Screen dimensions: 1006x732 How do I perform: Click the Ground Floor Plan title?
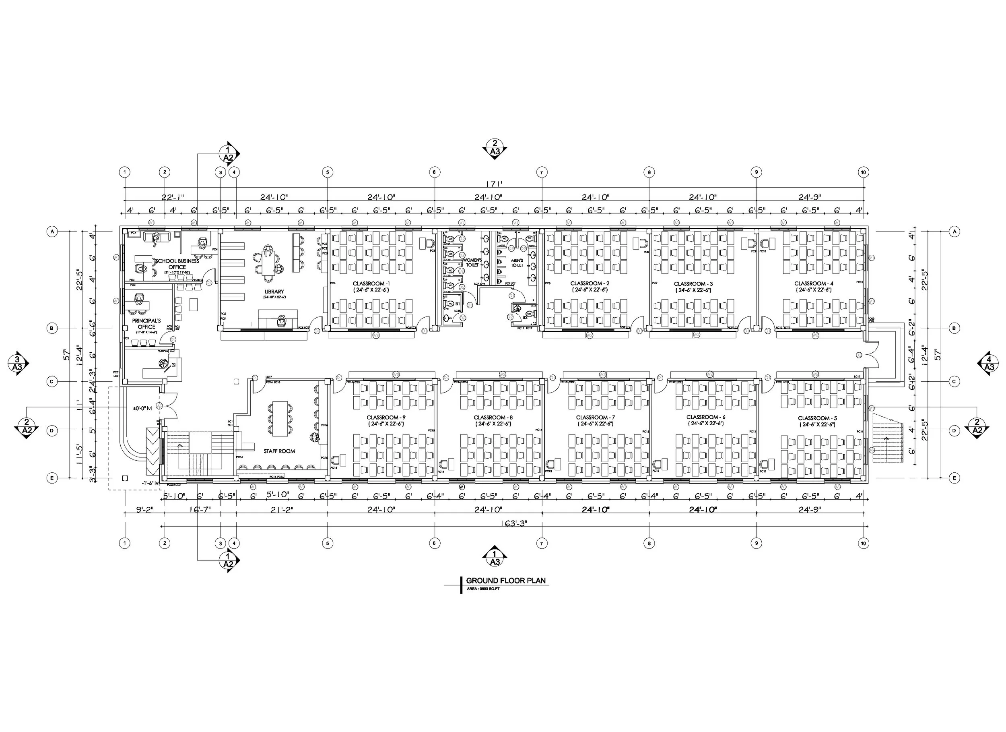(506, 580)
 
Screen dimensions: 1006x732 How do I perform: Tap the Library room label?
(274, 292)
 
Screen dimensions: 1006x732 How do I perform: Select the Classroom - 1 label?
(371, 283)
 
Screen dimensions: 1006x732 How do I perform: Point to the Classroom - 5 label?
(817, 418)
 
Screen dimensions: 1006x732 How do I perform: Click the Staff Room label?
(279, 451)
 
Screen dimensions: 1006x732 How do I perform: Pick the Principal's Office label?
(146, 324)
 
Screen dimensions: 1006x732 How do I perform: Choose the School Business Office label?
(177, 264)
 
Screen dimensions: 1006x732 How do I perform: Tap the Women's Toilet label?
(472, 263)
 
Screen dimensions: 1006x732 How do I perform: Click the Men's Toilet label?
(517, 263)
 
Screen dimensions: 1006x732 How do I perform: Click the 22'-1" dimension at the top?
(173, 197)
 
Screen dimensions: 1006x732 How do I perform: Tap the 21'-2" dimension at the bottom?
(282, 510)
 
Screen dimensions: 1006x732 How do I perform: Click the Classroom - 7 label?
(595, 417)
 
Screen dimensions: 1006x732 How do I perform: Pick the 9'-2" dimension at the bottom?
(144, 510)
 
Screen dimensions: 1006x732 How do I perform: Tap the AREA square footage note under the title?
(483, 589)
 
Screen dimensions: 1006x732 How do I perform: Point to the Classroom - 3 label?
(693, 283)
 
